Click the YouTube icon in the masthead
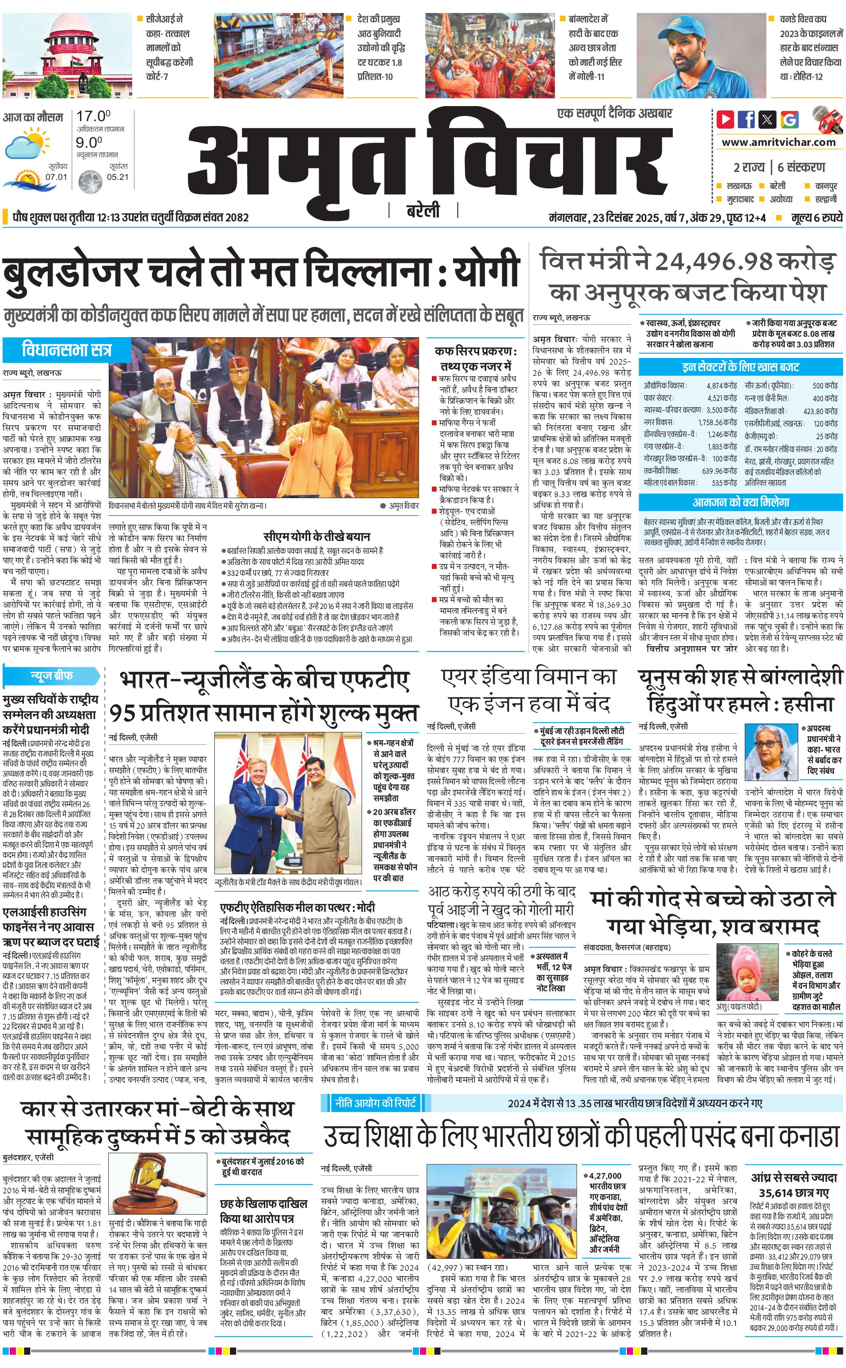click(725, 119)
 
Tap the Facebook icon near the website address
click(746, 119)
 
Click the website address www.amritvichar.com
click(778, 142)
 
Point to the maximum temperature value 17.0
click(93, 116)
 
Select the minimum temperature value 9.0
click(89, 143)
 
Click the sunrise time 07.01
click(56, 177)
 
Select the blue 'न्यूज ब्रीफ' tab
click(51, 675)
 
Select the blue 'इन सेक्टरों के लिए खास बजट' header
click(740, 367)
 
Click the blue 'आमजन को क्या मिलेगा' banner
click(740, 502)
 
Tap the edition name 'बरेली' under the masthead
click(423, 211)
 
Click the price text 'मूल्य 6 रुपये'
click(816, 217)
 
